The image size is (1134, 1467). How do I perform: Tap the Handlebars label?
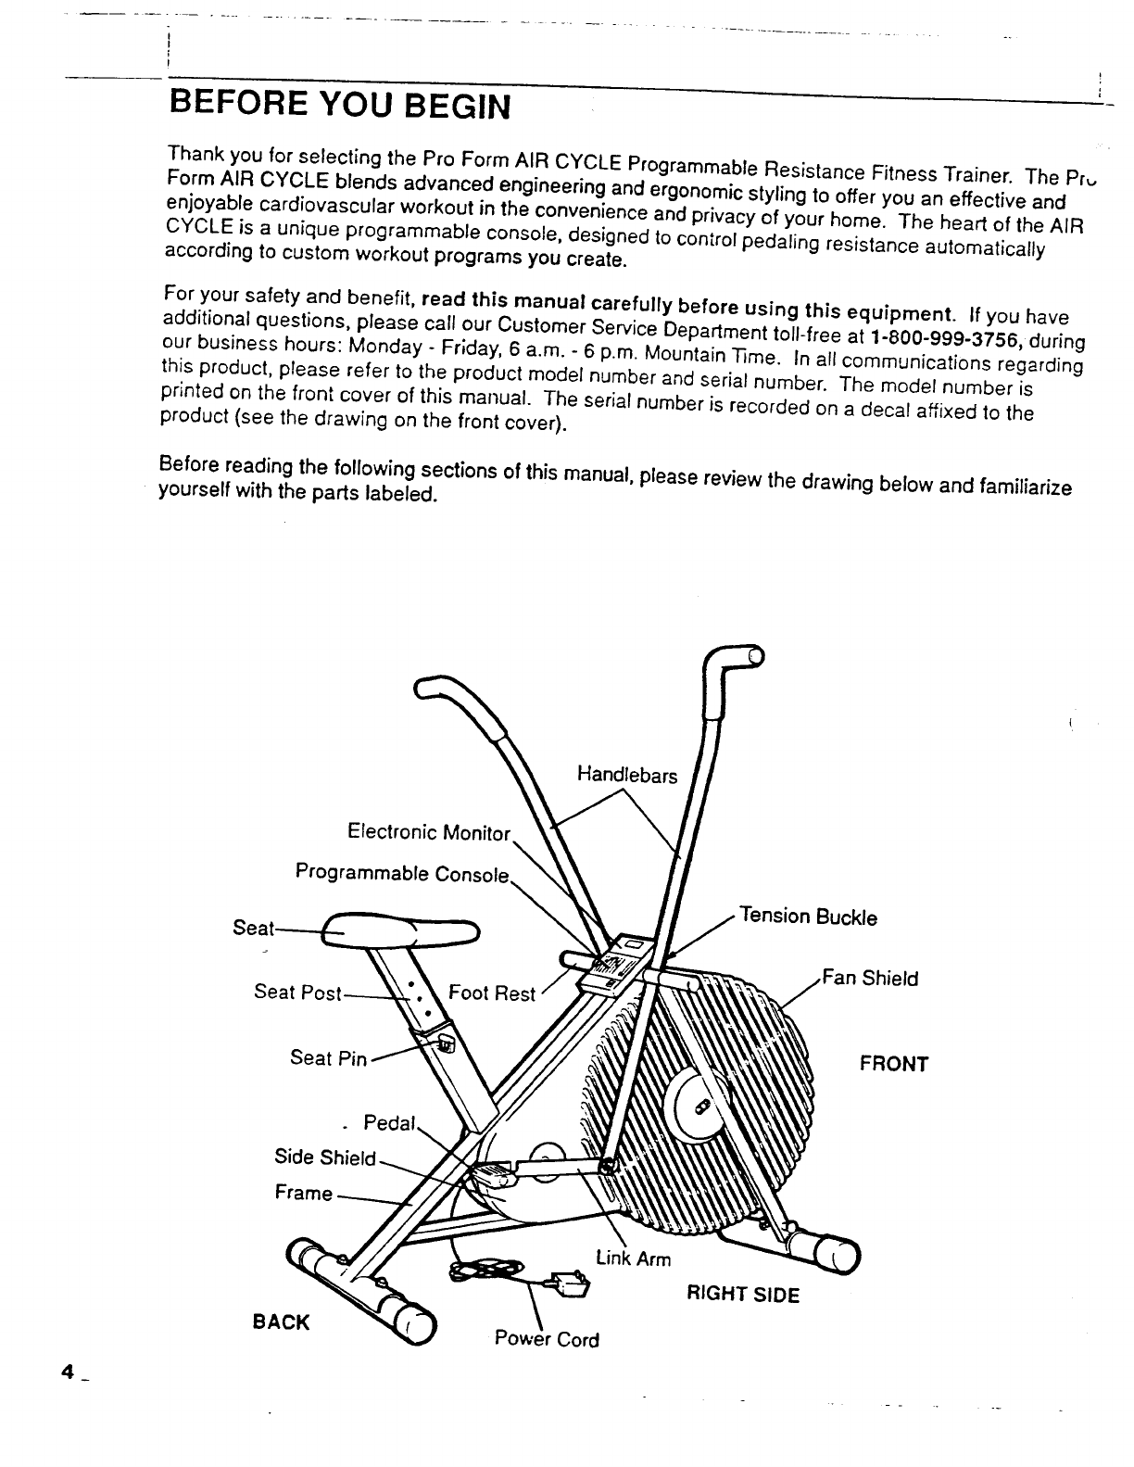pos(627,774)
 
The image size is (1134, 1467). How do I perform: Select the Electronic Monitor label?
pos(428,831)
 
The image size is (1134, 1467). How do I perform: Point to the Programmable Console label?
pos(402,873)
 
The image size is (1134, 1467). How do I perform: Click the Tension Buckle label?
pos(807,917)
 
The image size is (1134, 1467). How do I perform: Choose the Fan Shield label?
pos(871,978)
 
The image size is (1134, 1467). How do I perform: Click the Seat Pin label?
pos(329,1057)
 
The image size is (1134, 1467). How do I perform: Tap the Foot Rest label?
pos(492,993)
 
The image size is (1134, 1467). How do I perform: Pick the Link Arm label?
pos(634,1258)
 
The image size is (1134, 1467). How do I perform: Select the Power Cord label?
pos(547,1339)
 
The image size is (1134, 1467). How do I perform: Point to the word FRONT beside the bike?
pos(894,1063)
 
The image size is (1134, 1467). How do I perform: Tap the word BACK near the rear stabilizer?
pos(281,1322)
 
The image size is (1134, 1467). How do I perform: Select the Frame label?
pos(303,1193)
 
